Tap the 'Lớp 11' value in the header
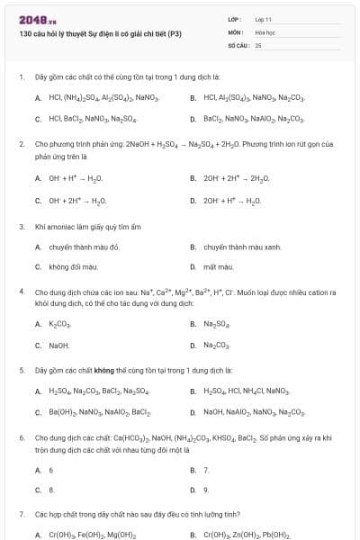264,19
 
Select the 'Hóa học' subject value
265,31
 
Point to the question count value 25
258,44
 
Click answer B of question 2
231,178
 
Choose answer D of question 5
252,412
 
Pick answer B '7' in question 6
206,469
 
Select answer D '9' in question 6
206,490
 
